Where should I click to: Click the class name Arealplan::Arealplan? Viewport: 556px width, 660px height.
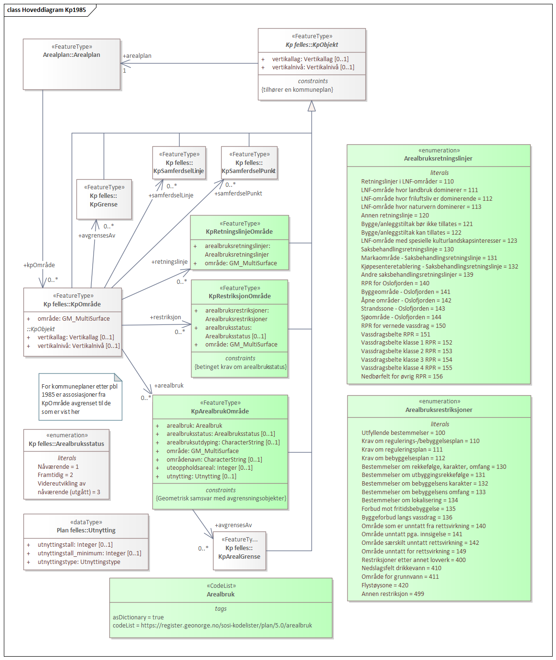[72, 55]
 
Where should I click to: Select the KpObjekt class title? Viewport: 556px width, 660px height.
[312, 44]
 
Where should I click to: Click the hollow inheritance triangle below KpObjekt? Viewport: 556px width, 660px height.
[311, 106]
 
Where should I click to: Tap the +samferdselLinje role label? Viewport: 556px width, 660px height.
[171, 195]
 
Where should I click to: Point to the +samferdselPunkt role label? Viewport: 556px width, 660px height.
[238, 194]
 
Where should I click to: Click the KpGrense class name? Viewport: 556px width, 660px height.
[104, 205]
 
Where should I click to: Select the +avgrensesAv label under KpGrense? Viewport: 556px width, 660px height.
[97, 236]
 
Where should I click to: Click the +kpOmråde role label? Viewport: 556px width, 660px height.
[39, 265]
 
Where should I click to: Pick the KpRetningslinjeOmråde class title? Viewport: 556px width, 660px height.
[239, 232]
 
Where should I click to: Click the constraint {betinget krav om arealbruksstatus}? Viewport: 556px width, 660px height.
[240, 367]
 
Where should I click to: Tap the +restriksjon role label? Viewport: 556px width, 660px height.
[166, 317]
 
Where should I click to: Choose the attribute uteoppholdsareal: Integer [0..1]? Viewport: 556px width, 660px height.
[209, 468]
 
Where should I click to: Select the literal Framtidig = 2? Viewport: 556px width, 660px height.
[55, 475]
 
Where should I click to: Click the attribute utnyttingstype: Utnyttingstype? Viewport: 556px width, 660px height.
[79, 562]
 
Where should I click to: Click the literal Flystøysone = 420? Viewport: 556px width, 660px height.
[385, 585]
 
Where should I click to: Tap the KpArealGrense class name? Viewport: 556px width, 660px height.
[239, 557]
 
